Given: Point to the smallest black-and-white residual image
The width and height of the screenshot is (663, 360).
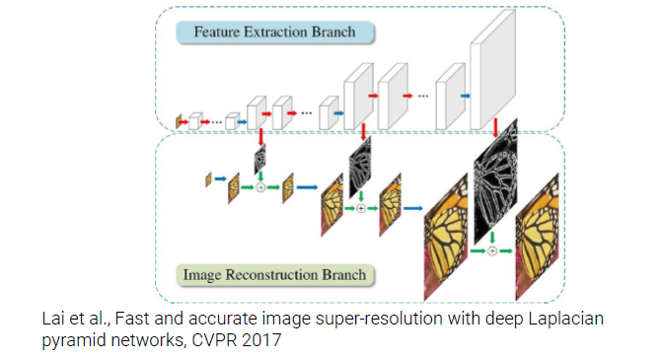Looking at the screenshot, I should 260,161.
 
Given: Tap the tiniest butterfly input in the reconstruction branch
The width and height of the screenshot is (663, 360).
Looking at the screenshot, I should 208,180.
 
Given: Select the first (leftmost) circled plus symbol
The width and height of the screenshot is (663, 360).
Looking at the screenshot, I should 260,186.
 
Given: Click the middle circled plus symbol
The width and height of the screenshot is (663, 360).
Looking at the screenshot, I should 361,208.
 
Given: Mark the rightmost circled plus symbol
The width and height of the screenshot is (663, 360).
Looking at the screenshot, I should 492,251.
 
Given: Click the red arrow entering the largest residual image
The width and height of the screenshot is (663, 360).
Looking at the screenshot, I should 495,127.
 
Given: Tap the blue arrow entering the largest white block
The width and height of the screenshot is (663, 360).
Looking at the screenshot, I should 465,97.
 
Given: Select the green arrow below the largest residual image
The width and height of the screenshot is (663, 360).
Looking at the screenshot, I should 492,239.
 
